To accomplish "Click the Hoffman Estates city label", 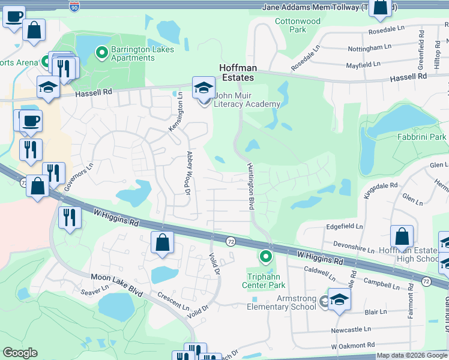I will click(236, 73).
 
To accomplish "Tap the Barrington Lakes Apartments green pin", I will click(102, 53).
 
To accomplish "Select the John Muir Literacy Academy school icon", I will click(203, 88).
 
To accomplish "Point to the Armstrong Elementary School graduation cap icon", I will click(339, 301).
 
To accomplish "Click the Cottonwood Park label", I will click(298, 25).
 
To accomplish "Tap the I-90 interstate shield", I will click(74, 7).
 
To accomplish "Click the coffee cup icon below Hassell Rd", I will click(30, 121).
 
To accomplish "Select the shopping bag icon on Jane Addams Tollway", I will click(381, 8).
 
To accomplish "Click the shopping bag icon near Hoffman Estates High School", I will click(402, 237).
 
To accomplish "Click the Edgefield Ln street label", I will click(345, 227).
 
